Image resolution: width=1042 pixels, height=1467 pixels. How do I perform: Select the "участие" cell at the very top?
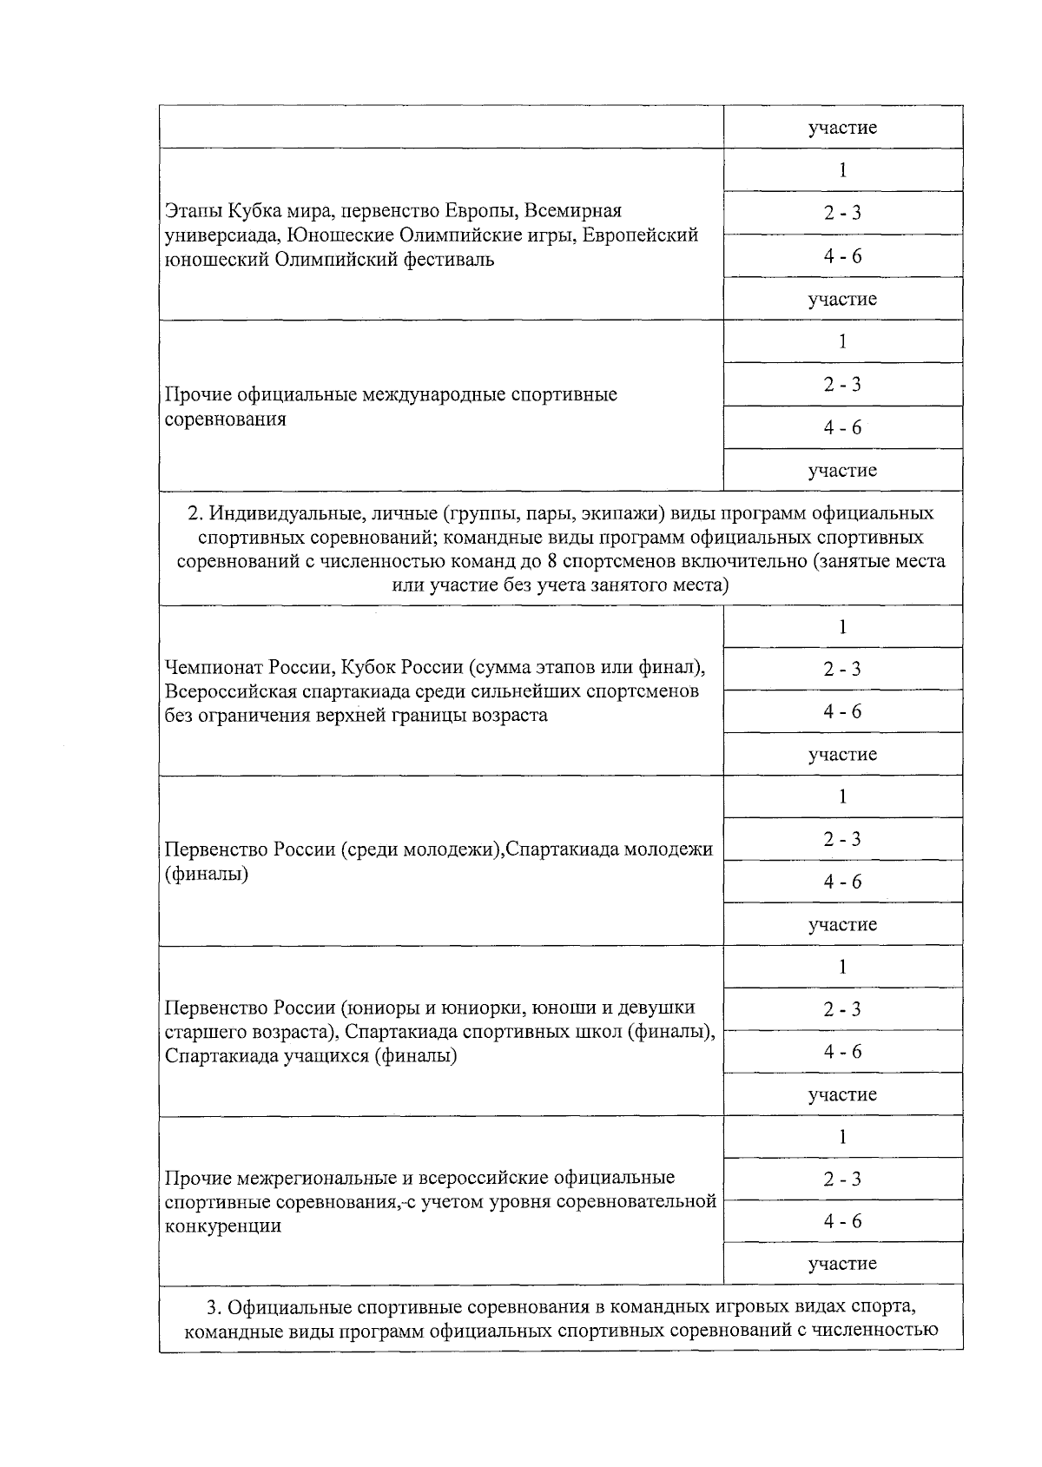click(842, 128)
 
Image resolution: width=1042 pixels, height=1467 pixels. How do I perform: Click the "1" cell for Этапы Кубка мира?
click(842, 170)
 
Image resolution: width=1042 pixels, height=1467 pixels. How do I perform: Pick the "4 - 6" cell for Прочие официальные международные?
click(842, 427)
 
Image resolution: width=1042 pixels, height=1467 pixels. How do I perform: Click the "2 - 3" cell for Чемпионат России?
click(842, 669)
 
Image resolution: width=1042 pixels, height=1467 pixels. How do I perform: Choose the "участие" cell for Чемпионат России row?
click(842, 754)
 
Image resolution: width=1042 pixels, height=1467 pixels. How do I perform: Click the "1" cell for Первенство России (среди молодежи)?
click(842, 796)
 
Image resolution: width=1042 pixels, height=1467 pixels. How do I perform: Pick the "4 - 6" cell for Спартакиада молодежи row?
click(842, 882)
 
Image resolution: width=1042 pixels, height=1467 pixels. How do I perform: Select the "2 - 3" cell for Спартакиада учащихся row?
click(842, 1009)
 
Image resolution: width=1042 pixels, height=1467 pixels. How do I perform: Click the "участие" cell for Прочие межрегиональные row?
click(842, 1264)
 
